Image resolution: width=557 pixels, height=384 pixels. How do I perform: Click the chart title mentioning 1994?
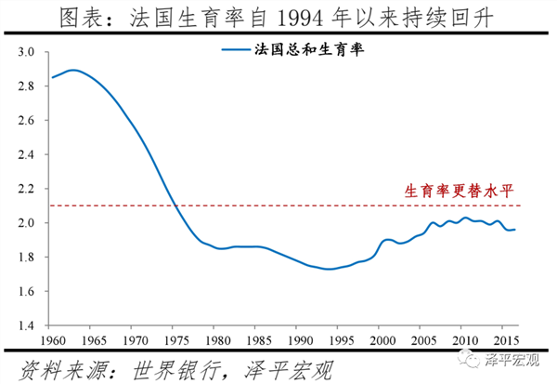[278, 17]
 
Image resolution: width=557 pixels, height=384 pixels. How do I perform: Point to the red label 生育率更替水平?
[458, 191]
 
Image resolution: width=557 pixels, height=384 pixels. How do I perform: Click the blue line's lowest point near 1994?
[328, 270]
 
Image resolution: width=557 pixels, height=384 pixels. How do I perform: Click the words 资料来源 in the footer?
[50, 368]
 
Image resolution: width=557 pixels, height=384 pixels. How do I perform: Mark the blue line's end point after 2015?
[517, 230]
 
